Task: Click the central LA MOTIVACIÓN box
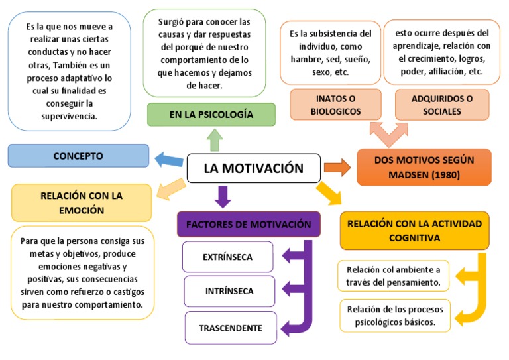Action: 254,168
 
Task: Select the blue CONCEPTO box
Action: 78,156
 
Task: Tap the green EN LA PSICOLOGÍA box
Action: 211,115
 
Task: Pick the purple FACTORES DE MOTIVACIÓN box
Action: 249,224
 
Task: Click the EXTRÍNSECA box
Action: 229,257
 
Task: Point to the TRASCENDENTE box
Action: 230,328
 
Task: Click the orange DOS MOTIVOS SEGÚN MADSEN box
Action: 424,167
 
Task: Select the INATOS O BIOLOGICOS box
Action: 335,105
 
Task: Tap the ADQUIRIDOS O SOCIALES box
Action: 441,105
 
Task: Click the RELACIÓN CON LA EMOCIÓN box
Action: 82,202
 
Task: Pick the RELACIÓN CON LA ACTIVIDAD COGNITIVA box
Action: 415,230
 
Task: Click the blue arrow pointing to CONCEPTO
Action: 168,159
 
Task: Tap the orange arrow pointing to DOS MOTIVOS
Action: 337,167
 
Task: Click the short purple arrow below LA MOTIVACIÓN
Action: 223,196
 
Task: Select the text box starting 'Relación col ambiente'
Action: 394,276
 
